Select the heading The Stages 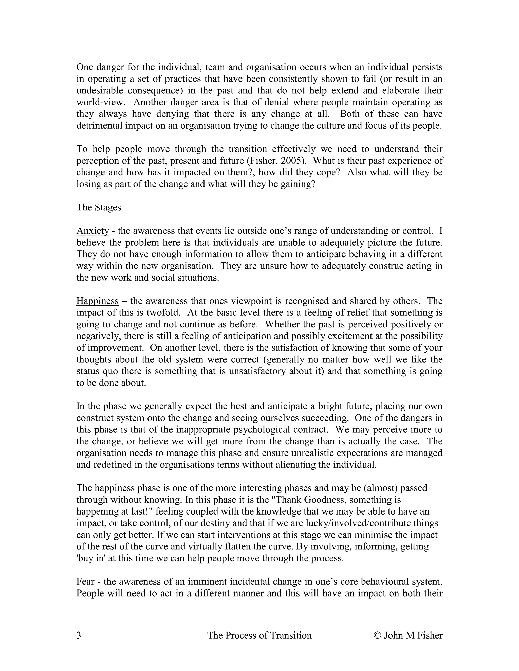99,207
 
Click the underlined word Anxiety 92,231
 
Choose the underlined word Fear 85,582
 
